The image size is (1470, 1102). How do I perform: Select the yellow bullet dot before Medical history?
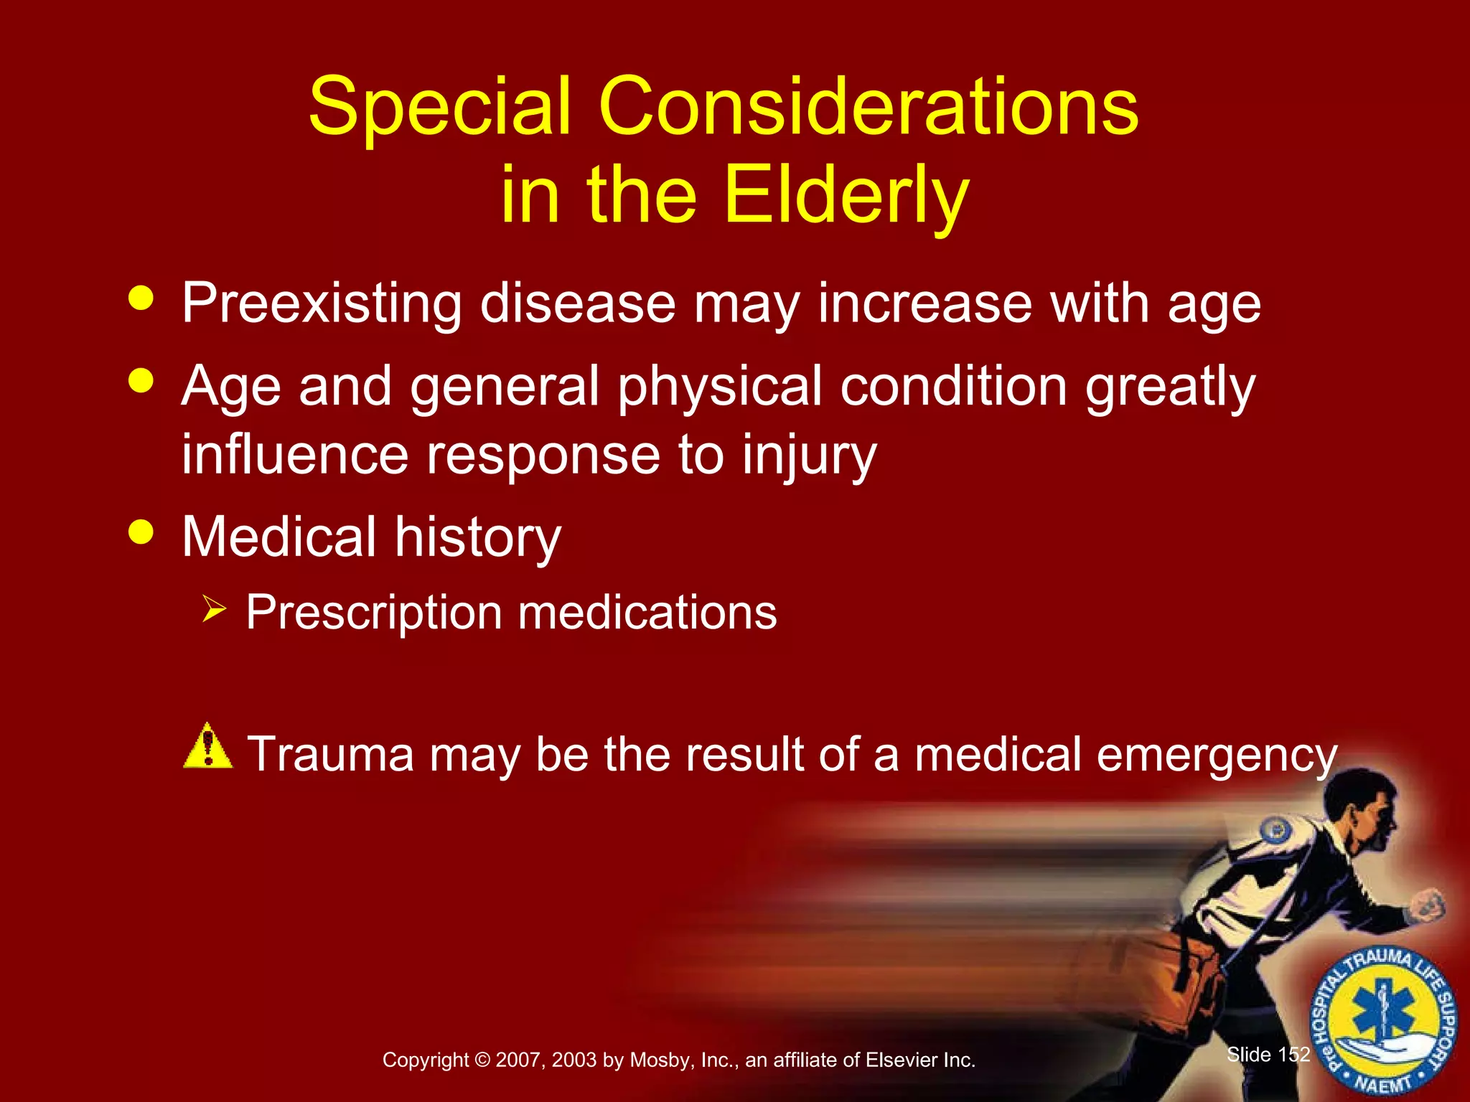[x=141, y=532]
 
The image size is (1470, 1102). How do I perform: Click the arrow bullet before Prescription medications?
[x=214, y=610]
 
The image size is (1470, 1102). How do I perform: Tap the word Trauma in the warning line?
[x=331, y=755]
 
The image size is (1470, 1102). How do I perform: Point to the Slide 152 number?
[x=1268, y=1054]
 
